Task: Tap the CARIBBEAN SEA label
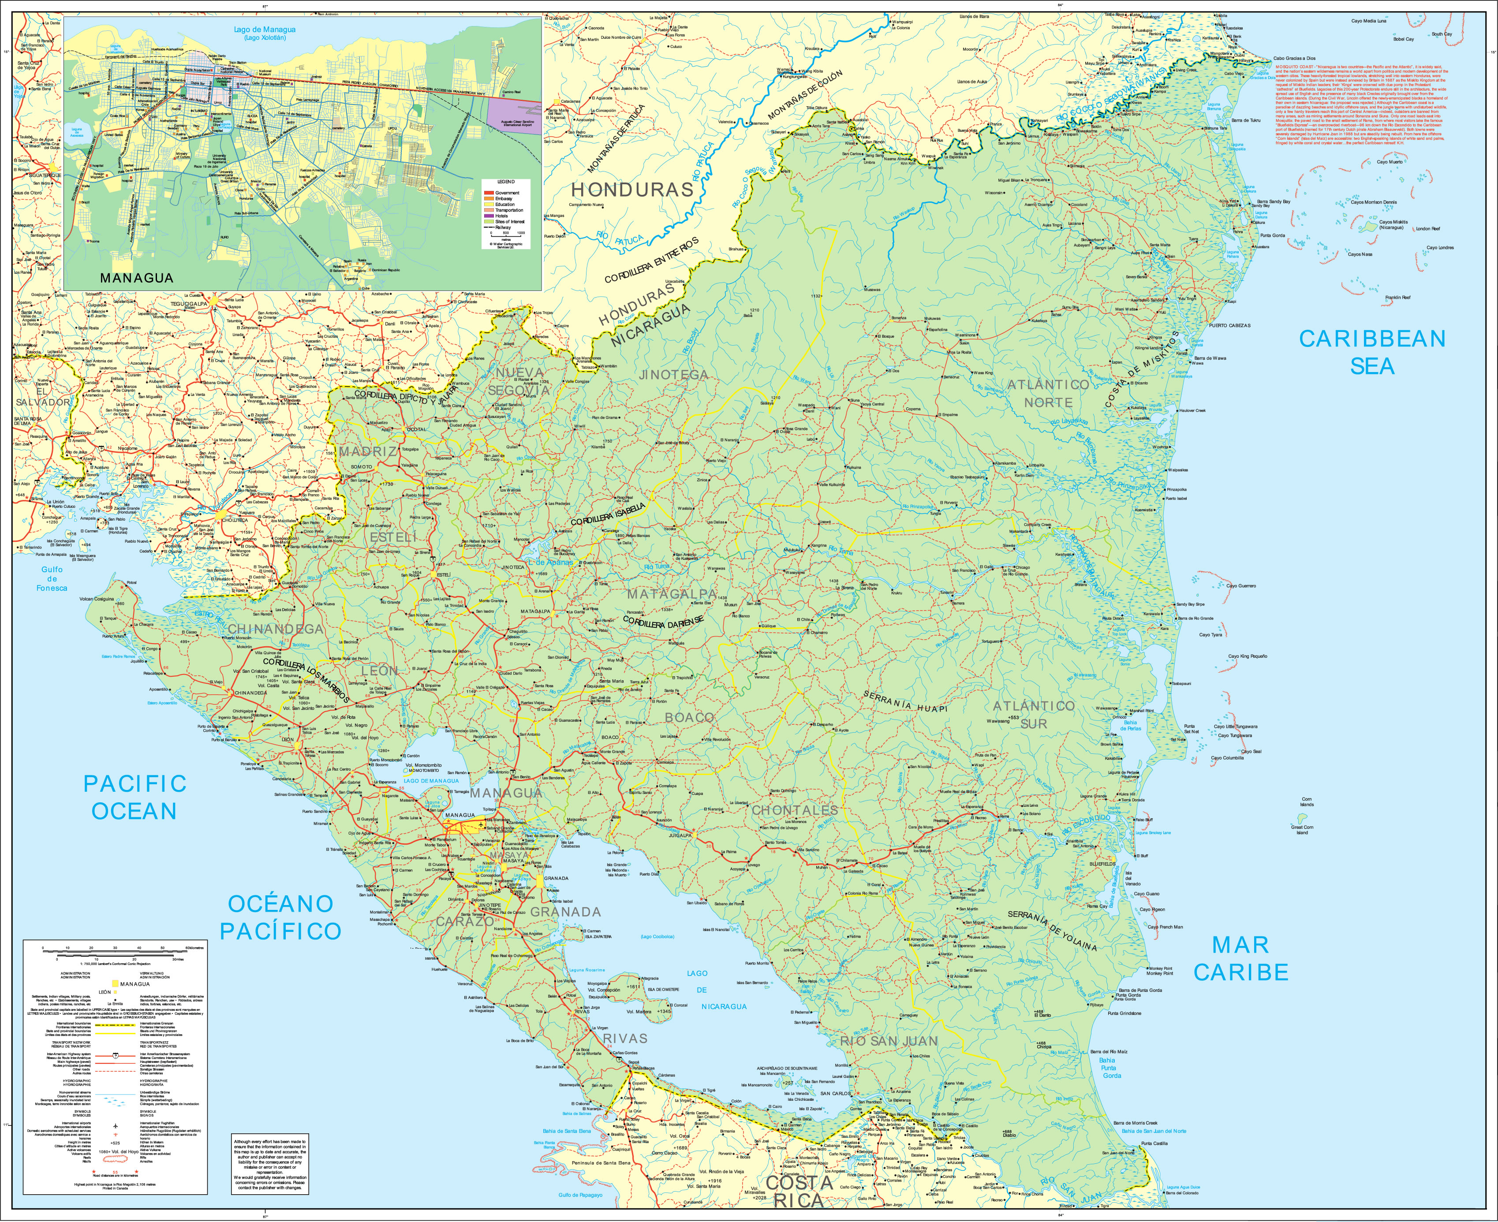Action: point(1371,352)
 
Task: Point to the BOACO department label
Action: point(689,717)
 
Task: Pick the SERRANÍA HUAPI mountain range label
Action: point(905,700)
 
